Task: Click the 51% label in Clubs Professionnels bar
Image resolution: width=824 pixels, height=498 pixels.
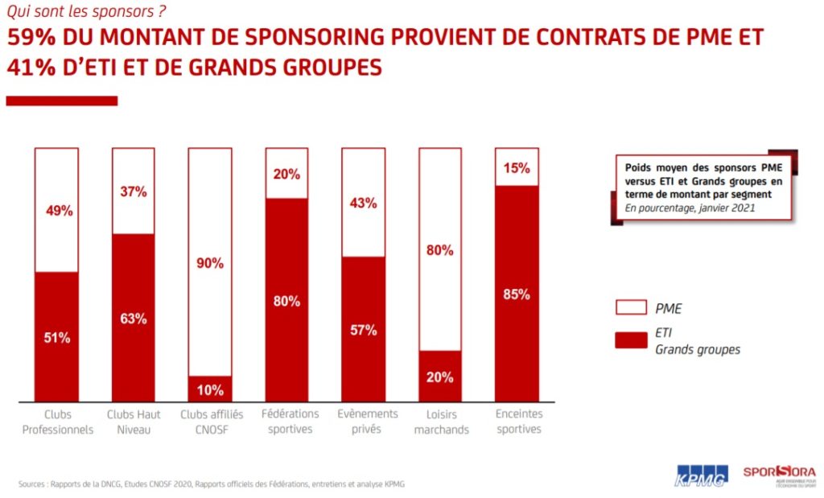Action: click(x=56, y=338)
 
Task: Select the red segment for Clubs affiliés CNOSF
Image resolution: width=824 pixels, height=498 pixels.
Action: click(x=210, y=389)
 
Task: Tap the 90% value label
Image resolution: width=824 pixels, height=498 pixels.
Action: click(x=210, y=263)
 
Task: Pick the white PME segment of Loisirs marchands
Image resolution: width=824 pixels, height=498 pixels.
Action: click(x=440, y=249)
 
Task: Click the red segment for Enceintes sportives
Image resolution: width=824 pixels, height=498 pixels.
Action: click(x=517, y=294)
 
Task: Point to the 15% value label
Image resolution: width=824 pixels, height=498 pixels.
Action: click(x=517, y=168)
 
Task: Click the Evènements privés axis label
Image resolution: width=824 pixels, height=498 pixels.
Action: click(x=363, y=421)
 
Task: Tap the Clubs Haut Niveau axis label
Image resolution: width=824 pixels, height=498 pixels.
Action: click(x=134, y=421)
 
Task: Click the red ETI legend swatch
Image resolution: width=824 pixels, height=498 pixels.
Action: click(x=630, y=341)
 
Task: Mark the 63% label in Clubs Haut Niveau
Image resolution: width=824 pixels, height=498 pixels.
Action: click(x=134, y=319)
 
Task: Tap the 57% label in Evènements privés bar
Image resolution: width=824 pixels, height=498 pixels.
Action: click(x=364, y=330)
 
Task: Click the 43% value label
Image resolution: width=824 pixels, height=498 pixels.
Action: click(x=364, y=204)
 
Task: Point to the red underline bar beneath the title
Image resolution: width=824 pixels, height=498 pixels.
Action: click(x=62, y=101)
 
